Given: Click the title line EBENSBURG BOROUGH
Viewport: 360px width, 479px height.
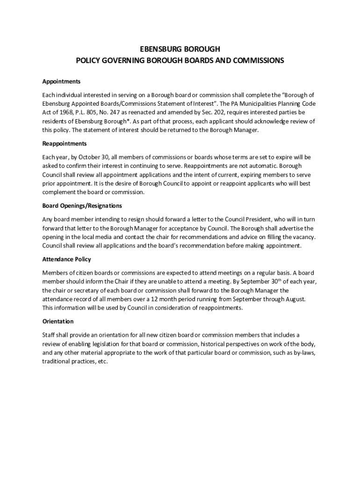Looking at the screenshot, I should pos(180,49).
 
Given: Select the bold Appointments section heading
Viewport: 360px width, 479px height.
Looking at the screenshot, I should pos(61,81).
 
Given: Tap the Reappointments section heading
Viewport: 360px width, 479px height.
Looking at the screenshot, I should pos(65,144).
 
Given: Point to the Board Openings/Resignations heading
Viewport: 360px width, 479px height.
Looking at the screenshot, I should pos(82,206).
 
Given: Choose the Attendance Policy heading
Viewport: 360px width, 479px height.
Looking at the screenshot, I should pos(66,259).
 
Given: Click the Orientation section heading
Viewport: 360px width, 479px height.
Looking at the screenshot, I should pos(58,321).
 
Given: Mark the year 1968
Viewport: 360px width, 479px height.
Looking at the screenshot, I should pos(63,113).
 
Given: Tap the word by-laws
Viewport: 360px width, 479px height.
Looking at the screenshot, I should pos(303,353).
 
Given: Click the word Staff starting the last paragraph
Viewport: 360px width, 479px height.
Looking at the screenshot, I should pos(49,335).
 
